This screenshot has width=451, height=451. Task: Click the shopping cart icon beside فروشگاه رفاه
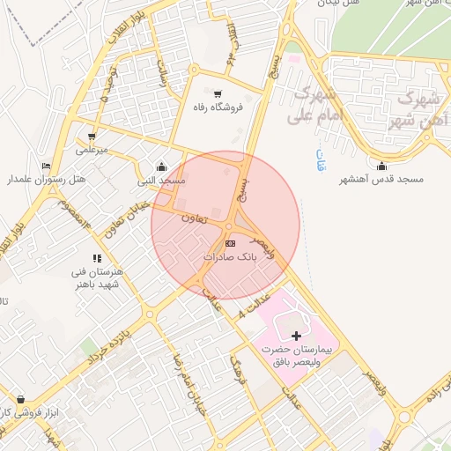218,92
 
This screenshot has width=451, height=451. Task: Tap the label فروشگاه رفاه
218,107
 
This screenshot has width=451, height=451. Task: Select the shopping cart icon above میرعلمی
91,137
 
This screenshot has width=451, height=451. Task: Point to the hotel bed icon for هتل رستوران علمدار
46,166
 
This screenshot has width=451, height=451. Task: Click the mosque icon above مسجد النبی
161,166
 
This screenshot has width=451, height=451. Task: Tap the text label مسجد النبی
161,181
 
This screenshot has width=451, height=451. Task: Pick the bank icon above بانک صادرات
230,242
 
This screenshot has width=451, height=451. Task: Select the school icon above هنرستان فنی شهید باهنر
97,258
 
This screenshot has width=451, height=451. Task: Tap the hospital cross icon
296,336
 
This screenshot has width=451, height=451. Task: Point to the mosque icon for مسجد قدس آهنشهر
381,166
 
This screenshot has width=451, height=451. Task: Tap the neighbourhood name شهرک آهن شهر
418,110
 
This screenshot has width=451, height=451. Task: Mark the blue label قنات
320,161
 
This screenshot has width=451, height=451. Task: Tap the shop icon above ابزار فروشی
20,399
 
